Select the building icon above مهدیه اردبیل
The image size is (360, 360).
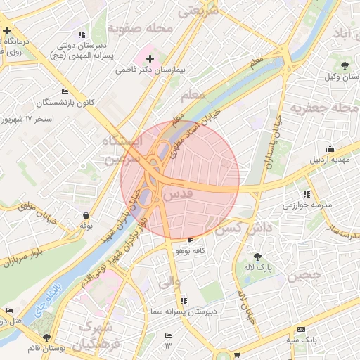330,148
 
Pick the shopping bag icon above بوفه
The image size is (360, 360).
86,215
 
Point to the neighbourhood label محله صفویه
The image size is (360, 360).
141,29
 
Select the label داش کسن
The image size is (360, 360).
239,229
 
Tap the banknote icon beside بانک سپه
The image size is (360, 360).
302,329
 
